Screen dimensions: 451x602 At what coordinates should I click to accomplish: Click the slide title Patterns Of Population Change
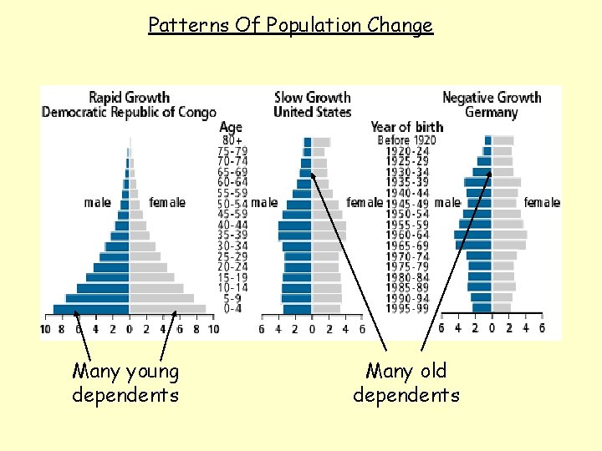(290, 25)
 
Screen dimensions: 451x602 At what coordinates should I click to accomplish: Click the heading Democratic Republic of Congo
(129, 112)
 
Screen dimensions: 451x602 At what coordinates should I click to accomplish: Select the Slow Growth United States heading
(312, 104)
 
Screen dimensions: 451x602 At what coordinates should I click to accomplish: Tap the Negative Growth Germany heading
(491, 104)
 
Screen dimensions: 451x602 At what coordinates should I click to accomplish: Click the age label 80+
(232, 140)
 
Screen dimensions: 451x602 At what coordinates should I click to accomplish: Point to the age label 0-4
(233, 308)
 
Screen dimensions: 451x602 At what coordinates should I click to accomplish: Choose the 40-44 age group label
(233, 225)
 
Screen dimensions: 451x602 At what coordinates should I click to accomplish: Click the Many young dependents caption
(125, 383)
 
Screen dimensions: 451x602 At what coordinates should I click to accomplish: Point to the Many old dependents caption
(406, 383)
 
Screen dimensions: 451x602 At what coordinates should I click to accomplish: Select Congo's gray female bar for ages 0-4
(167, 309)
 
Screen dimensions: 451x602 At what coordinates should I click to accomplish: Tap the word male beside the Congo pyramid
(97, 202)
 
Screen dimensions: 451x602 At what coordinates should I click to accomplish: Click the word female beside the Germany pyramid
(542, 202)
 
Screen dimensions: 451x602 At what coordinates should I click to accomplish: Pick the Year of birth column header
(407, 127)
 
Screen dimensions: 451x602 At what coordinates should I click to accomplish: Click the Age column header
(231, 127)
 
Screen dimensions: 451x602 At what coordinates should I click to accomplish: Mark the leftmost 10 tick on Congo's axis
(45, 329)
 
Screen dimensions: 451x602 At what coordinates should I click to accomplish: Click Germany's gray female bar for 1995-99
(501, 308)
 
